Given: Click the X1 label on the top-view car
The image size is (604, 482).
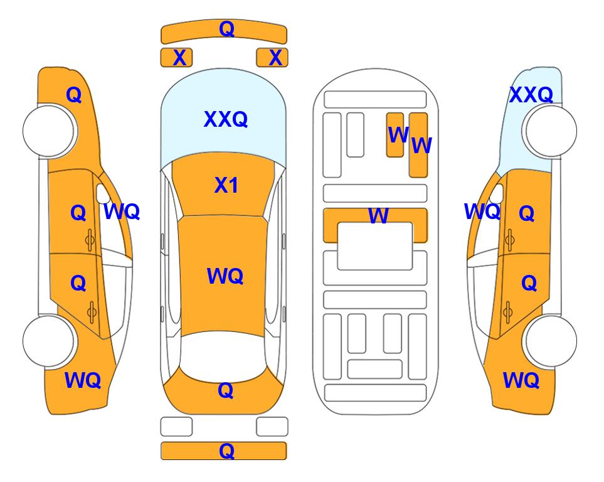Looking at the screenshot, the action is [x=226, y=185].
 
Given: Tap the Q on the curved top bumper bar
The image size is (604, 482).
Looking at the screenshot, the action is [x=226, y=28].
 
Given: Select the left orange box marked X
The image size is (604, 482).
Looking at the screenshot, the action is [x=176, y=58].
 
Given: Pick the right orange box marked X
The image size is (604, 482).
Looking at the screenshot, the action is [x=272, y=58].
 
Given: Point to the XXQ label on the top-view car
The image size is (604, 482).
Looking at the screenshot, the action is [x=226, y=119].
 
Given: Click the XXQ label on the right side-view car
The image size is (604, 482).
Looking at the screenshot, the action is [x=531, y=95].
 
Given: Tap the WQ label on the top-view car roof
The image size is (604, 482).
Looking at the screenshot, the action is [x=225, y=276].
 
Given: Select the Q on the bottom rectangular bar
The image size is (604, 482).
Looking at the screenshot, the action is [x=226, y=451].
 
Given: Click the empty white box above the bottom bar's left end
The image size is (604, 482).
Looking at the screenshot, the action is [x=176, y=427].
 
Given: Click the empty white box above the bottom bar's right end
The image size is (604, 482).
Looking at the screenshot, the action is [x=272, y=427].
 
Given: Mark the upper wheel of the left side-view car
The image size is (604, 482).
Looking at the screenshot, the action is [x=49, y=131].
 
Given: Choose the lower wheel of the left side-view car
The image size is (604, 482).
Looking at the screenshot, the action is [x=49, y=341].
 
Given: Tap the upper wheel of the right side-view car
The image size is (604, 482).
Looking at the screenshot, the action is [x=551, y=131].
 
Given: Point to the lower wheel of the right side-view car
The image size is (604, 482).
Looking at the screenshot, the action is [x=551, y=341].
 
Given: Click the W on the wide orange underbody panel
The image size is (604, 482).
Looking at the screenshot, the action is [x=378, y=215].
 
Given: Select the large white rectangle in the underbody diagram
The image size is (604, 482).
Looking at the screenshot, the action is [x=375, y=246].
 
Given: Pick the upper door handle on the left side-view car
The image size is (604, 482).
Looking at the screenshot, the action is [x=90, y=240].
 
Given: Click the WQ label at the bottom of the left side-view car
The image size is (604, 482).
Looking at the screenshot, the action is [x=83, y=380].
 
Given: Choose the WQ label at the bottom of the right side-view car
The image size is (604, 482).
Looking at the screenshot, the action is [x=521, y=380].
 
